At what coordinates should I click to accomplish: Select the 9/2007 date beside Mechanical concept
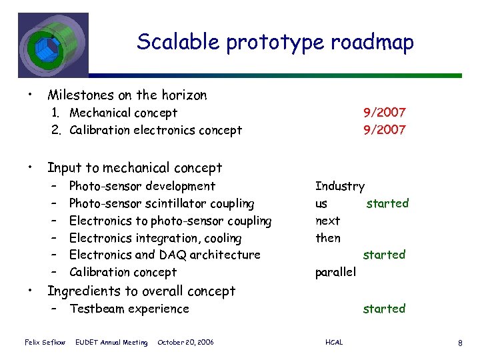coord(384,113)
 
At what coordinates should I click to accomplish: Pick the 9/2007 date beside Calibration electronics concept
coord(384,130)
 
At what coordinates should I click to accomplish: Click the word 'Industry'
coord(339,186)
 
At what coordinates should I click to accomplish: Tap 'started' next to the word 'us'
coord(387,203)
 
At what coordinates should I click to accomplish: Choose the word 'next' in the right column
coord(327,221)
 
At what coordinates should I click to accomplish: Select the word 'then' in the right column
coord(327,238)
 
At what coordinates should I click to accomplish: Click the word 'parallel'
coord(335,272)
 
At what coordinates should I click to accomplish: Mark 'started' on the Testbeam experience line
coord(384,309)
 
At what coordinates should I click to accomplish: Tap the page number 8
coord(460,343)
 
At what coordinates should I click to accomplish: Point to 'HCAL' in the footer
coord(334,343)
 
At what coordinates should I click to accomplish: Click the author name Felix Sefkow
coord(45,343)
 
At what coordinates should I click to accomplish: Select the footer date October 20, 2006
coord(185,343)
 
